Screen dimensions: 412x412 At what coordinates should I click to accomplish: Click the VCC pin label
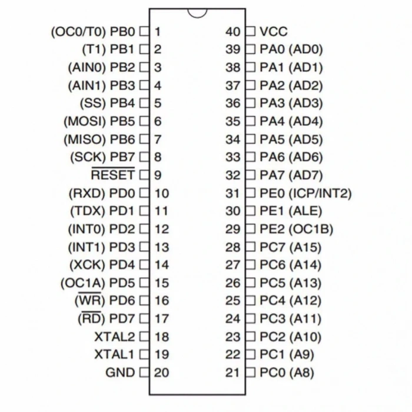(274, 32)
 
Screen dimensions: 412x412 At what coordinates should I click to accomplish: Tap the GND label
(120, 373)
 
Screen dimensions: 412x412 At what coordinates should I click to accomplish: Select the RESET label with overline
(113, 174)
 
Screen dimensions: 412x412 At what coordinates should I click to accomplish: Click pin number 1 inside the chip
(158, 32)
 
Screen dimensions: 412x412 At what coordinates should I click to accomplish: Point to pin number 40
(233, 32)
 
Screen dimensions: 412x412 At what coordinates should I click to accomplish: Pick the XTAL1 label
(115, 355)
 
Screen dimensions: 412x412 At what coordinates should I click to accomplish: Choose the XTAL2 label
(115, 337)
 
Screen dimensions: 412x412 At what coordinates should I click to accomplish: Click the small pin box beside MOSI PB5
(144, 121)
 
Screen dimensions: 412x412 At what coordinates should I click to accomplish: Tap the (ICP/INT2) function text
(320, 194)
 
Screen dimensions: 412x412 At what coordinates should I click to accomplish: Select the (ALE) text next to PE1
(305, 211)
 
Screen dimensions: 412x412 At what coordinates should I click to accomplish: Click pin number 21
(232, 373)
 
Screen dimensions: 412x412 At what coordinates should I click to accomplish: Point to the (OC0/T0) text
(78, 32)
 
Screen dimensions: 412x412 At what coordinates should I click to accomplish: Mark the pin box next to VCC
(250, 32)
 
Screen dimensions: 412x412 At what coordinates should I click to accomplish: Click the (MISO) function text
(85, 139)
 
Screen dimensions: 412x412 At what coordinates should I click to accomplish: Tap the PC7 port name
(272, 247)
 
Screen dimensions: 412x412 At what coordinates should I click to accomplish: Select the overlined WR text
(90, 300)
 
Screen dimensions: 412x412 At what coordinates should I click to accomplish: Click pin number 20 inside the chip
(161, 373)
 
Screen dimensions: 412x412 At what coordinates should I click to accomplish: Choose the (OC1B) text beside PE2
(311, 229)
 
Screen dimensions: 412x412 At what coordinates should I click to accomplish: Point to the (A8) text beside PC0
(301, 373)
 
